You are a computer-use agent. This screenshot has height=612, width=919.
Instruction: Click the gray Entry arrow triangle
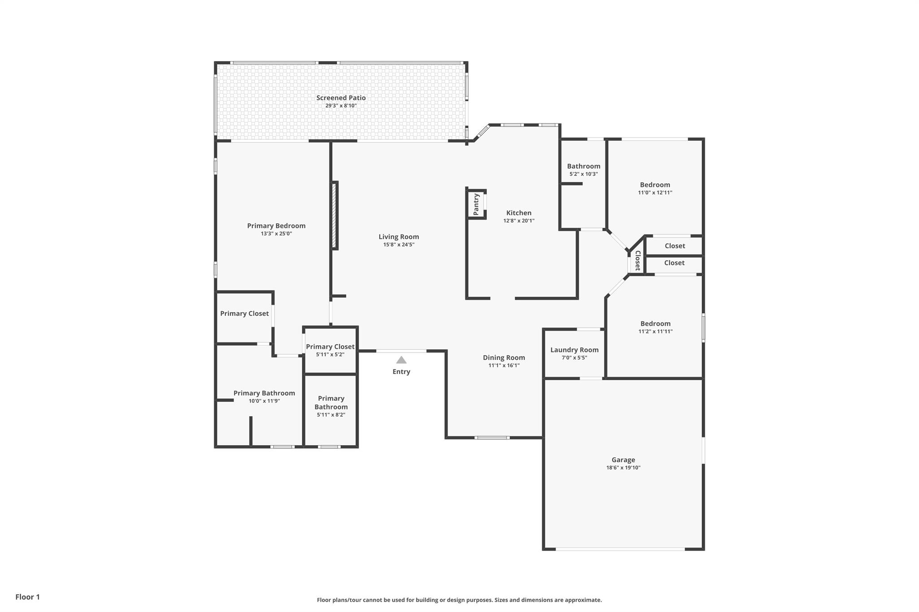(401, 360)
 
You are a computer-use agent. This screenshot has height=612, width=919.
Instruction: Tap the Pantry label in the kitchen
(477, 204)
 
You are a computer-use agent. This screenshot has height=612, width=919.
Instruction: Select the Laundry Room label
(574, 350)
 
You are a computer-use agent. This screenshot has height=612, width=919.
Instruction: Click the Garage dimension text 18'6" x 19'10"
(623, 468)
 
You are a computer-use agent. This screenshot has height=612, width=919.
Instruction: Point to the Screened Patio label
(341, 98)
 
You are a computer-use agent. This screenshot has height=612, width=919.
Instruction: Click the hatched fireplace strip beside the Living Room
(334, 215)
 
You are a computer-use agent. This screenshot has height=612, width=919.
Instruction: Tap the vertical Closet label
(637, 260)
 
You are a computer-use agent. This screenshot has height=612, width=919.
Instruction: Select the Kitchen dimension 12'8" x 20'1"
(519, 221)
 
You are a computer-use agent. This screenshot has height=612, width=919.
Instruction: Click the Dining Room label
(504, 357)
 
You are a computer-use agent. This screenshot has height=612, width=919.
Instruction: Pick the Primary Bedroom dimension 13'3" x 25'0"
(276, 234)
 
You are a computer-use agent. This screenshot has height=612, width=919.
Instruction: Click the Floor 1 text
(27, 597)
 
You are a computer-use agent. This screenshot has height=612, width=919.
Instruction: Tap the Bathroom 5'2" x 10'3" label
(583, 166)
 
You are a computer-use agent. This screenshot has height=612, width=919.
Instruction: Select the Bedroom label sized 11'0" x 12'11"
(655, 185)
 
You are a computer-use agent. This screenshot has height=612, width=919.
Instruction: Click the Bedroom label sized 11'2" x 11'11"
(655, 324)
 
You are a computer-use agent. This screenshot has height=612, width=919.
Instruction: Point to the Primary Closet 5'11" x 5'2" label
(330, 347)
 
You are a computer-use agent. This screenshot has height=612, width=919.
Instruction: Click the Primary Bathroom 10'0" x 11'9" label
(264, 393)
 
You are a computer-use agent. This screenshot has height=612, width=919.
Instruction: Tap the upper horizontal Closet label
(675, 246)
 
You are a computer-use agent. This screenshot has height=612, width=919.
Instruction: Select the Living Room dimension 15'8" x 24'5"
(398, 245)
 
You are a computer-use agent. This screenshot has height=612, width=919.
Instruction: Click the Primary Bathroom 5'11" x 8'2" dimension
(331, 415)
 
